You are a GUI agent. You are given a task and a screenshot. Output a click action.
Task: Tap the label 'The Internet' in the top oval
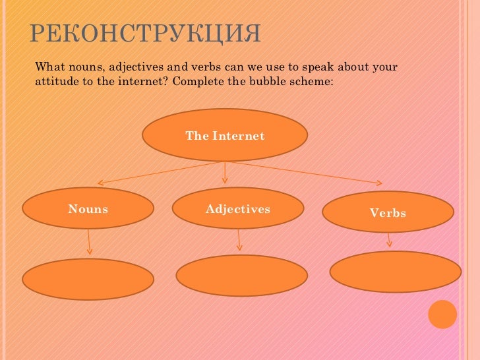click(225, 136)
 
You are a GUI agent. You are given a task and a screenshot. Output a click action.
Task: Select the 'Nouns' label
click(88, 209)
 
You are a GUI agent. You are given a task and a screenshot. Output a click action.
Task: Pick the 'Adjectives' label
click(238, 209)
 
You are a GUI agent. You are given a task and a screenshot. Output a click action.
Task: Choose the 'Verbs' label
click(388, 213)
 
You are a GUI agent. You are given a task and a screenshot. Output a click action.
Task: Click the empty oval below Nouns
click(88, 279)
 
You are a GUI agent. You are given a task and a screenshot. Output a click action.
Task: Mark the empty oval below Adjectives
click(241, 276)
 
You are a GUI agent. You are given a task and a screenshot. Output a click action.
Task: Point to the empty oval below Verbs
click(395, 272)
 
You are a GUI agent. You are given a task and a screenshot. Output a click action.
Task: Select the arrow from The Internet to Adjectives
click(225, 173)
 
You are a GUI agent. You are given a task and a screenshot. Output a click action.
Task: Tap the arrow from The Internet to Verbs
click(303, 173)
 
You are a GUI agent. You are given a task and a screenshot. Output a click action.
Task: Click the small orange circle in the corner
click(442, 314)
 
